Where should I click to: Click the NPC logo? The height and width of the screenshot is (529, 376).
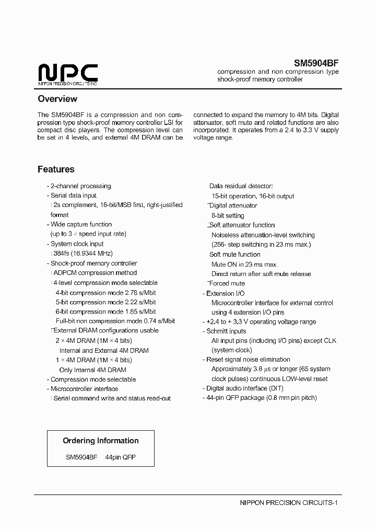click(x=68, y=74)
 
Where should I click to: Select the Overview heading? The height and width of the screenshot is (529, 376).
click(x=57, y=99)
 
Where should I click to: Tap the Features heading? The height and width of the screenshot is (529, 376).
click(x=56, y=169)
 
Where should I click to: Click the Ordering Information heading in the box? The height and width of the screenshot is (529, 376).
click(x=101, y=441)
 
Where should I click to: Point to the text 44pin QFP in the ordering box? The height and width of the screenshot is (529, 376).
click(x=121, y=457)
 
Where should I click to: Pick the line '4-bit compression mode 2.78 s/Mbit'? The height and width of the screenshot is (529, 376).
click(x=105, y=293)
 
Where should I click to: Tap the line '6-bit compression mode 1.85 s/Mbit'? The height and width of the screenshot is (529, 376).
click(x=105, y=312)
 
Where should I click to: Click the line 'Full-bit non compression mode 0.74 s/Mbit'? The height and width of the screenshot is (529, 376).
click(x=115, y=321)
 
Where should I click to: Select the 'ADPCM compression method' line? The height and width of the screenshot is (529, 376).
click(x=95, y=273)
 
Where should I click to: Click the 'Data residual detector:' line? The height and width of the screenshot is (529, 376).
click(x=241, y=186)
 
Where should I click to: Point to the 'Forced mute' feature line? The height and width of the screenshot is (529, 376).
click(x=227, y=283)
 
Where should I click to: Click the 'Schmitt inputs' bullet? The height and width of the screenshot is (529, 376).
click(x=226, y=331)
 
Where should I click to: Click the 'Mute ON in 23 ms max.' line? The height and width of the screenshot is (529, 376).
click(x=244, y=264)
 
